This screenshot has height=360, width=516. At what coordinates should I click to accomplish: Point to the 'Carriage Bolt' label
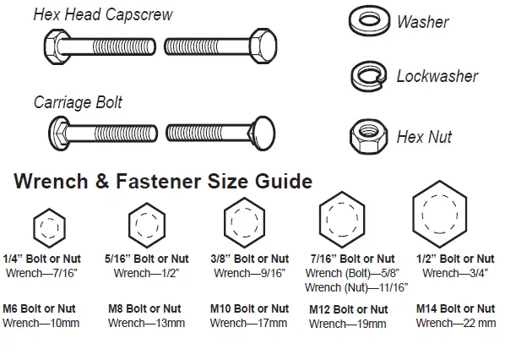78,103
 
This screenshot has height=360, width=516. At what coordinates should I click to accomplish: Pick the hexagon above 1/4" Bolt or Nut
48,227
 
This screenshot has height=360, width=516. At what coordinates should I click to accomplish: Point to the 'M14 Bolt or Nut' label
455,308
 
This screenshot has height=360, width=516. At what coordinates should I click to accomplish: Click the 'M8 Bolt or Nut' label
144,308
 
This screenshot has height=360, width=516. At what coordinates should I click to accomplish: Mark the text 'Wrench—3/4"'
455,273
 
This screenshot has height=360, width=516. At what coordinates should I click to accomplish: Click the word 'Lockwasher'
437,77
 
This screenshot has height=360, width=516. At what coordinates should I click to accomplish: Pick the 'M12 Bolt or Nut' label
349,309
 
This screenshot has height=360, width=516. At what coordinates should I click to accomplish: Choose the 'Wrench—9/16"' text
249,273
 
